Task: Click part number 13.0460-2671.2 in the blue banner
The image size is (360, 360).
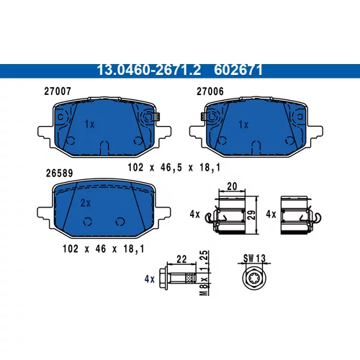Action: click(148, 70)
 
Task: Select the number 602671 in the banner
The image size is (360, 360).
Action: click(238, 70)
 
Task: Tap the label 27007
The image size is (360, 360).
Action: click(58, 91)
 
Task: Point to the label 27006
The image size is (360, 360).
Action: click(210, 91)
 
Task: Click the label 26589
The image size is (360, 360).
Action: click(59, 173)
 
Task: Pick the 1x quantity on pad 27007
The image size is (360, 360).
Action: click(89, 124)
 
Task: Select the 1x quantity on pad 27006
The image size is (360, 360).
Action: click(243, 125)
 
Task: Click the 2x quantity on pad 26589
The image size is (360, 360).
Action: click(86, 203)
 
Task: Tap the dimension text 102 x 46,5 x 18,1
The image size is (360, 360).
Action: click(174, 167)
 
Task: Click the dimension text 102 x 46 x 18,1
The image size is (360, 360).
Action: click(104, 249)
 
